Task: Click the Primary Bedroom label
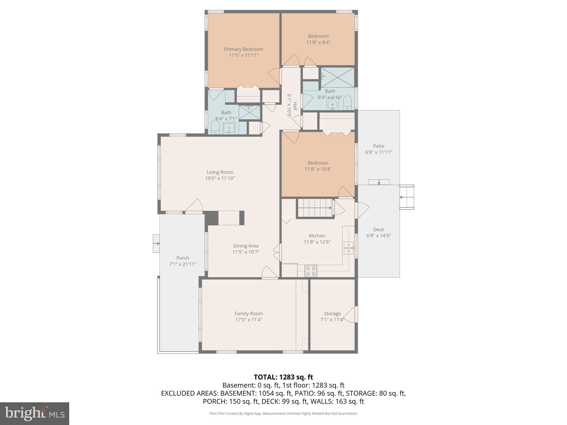pos(243,49)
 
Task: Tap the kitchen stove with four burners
pos(311,271)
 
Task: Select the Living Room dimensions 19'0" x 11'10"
pos(220,178)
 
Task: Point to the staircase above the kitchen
pos(315,208)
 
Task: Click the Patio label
pos(378,146)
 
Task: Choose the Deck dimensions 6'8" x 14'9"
pos(378,236)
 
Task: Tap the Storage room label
pos(332,313)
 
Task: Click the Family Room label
pos(249,313)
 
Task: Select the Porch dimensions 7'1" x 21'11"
pos(183,264)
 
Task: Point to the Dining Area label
pos(246,246)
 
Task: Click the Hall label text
pos(295,106)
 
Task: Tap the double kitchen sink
pos(348,248)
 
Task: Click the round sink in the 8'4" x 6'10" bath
pos(332,105)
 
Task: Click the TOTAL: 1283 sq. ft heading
pos(283,377)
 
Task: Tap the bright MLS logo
pos(35,413)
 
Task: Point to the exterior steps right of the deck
pos(407,197)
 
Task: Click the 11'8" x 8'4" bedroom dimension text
pos(318,42)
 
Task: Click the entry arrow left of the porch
pos(156,243)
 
